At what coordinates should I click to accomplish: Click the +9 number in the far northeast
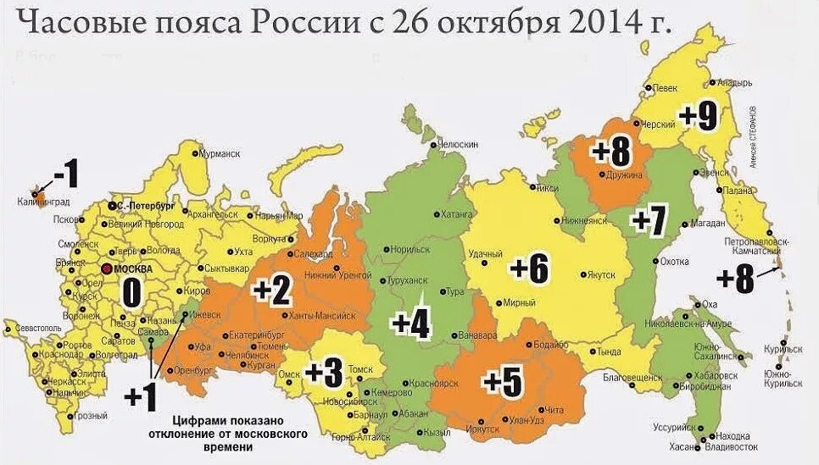[x=697, y=116]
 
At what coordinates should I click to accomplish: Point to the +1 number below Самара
[x=143, y=396]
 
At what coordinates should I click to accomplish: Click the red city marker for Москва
[x=105, y=268]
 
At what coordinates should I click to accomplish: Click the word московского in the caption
[x=258, y=435]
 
